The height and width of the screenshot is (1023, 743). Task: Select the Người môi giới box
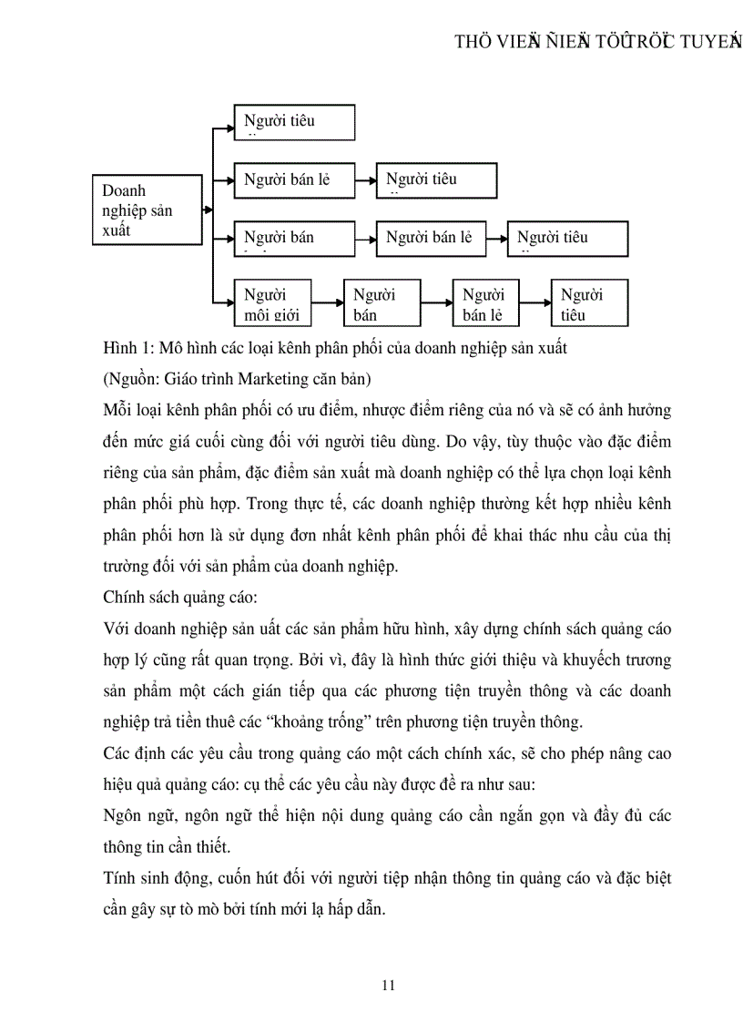272,302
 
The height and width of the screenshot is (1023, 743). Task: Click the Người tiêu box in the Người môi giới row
589,302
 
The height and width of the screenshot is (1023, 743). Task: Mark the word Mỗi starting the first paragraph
119,410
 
